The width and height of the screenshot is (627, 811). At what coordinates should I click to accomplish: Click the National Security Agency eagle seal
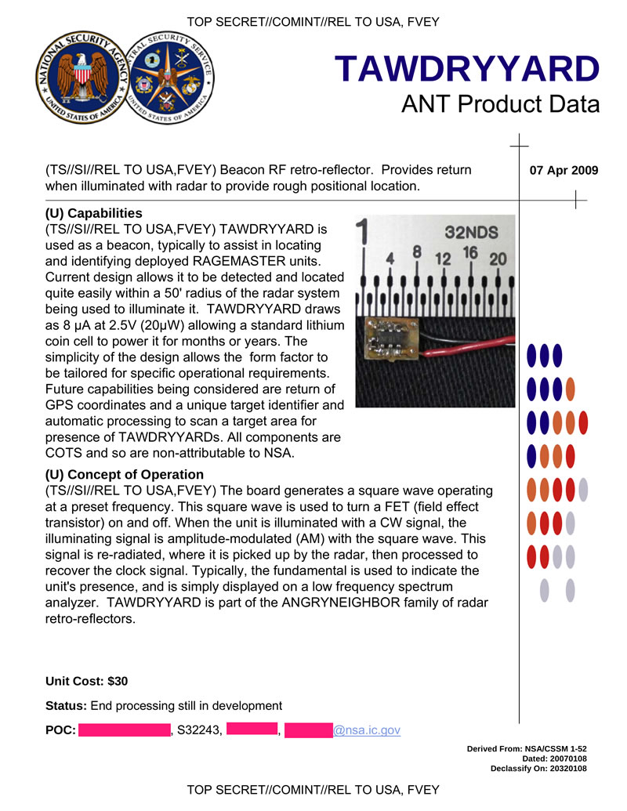77,78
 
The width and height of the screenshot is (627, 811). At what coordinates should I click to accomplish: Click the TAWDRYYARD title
467,70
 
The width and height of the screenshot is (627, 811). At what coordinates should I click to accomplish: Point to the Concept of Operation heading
125,474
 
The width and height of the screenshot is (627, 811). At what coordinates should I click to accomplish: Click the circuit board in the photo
389,342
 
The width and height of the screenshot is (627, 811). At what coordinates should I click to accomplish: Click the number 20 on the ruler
497,258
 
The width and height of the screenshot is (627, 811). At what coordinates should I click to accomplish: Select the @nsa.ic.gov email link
367,730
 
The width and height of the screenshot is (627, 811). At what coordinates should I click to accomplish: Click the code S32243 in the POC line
199,730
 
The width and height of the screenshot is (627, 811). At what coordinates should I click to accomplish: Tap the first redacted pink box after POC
125,730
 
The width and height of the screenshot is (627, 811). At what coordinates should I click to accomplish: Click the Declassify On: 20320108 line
538,769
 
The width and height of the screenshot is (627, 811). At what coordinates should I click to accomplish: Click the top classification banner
313,22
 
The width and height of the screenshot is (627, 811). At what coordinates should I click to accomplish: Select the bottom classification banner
313,789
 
